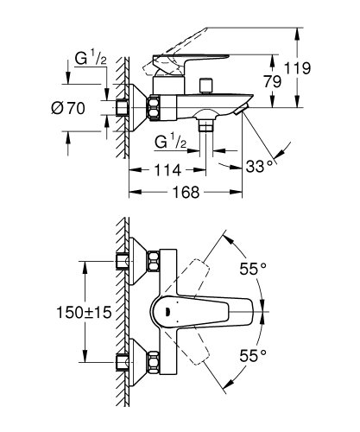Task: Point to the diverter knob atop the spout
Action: (x=206, y=86)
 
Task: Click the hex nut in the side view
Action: (x=153, y=109)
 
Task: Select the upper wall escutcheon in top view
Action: (x=129, y=263)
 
